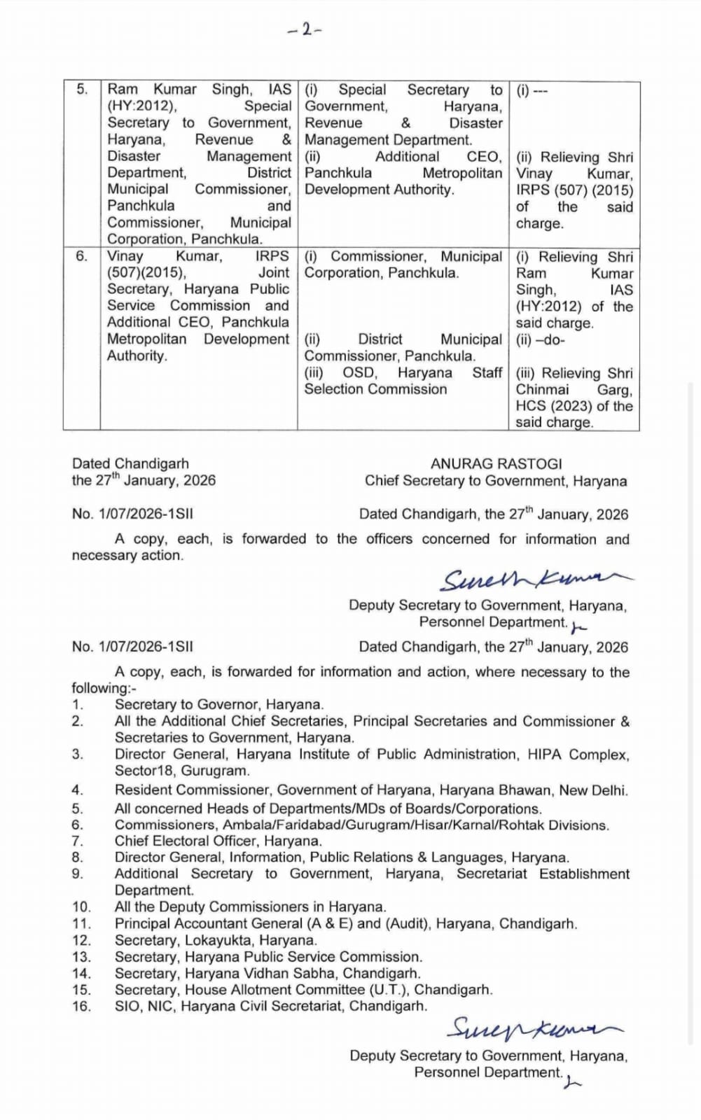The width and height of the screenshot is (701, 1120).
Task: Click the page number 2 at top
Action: click(x=305, y=29)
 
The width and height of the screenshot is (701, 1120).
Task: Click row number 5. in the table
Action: click(x=82, y=90)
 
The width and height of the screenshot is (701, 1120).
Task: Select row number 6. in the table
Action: click(x=82, y=256)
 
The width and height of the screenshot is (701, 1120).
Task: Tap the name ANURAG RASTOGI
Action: click(x=496, y=464)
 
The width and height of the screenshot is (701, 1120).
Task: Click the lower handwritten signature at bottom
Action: click(x=534, y=1029)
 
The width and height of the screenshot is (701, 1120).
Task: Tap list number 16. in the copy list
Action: click(x=81, y=1007)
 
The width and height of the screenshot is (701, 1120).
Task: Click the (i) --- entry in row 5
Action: click(x=532, y=90)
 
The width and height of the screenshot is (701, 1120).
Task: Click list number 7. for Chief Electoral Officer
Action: click(x=78, y=841)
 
